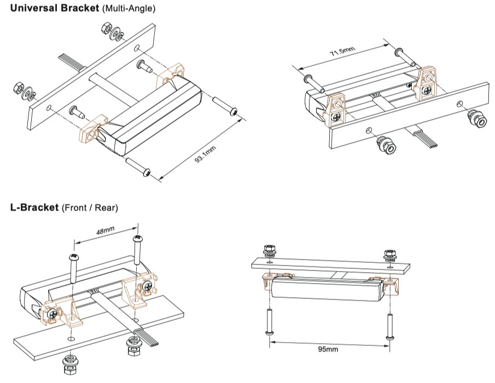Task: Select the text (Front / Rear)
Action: (x=90, y=208)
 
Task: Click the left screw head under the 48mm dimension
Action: (x=72, y=256)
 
